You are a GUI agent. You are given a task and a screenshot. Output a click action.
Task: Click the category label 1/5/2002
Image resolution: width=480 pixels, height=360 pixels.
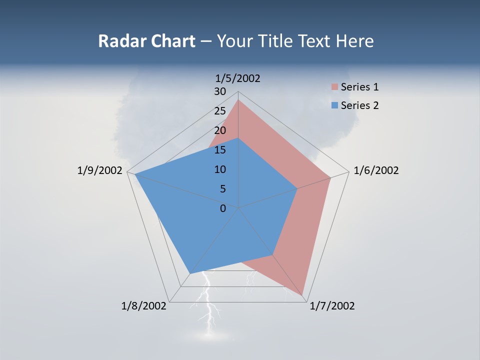tap(237, 78)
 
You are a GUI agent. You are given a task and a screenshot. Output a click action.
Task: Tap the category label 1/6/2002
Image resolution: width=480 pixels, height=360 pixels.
tap(376, 170)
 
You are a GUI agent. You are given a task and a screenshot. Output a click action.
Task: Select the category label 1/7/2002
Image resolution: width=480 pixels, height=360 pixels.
tap(332, 306)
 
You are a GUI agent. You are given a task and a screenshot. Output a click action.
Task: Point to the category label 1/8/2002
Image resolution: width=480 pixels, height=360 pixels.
tap(144, 306)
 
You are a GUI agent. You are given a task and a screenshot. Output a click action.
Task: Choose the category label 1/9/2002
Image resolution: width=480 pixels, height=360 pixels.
tap(100, 170)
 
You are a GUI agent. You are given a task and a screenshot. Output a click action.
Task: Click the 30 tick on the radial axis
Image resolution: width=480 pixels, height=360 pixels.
tap(220, 91)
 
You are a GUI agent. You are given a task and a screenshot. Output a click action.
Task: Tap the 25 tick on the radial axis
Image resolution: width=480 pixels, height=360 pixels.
tap(220, 111)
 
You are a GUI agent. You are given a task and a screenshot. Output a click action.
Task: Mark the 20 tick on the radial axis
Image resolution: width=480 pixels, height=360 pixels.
tap(220, 130)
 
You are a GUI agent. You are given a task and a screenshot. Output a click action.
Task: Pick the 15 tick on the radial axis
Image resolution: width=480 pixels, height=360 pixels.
tap(220, 150)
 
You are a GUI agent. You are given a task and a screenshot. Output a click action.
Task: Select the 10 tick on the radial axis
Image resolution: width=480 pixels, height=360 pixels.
tap(220, 169)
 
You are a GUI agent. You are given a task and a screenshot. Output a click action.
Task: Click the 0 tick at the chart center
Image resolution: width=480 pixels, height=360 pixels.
tap(223, 208)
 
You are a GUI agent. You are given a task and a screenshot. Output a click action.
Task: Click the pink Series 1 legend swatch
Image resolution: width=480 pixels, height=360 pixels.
tap(334, 87)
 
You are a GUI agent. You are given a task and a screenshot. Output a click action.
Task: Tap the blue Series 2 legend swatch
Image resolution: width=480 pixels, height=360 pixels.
tap(334, 105)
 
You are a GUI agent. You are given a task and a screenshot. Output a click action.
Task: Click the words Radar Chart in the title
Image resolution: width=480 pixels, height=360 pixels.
tap(146, 41)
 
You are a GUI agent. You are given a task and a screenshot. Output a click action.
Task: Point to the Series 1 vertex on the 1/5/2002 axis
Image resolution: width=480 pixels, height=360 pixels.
tap(238, 99)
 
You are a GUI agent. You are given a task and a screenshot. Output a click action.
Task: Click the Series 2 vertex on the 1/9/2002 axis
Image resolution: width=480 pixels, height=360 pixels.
tap(135, 174)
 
